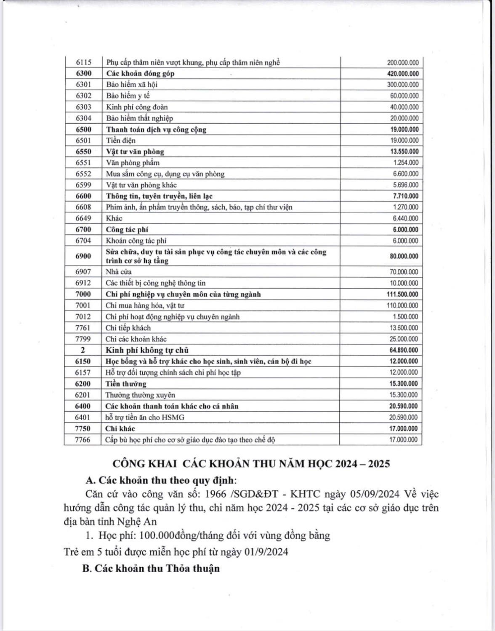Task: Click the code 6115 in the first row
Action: coord(83,62)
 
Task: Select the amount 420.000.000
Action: coord(403,74)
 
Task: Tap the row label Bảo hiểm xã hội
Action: coord(132,85)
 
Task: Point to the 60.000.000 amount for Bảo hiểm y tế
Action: coord(404,96)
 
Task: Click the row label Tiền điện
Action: coord(121,141)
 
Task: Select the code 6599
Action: coord(83,185)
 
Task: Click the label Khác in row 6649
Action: coord(114,218)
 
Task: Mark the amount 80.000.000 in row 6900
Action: coord(404,256)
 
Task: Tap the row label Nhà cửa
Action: coord(119,272)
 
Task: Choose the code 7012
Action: coord(83,317)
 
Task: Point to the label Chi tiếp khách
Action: coord(128,328)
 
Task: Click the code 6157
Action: coord(83,372)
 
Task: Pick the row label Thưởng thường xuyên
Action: coord(140,395)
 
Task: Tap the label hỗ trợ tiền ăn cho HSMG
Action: coord(145,417)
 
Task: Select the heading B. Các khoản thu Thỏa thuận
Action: coord(151,568)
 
